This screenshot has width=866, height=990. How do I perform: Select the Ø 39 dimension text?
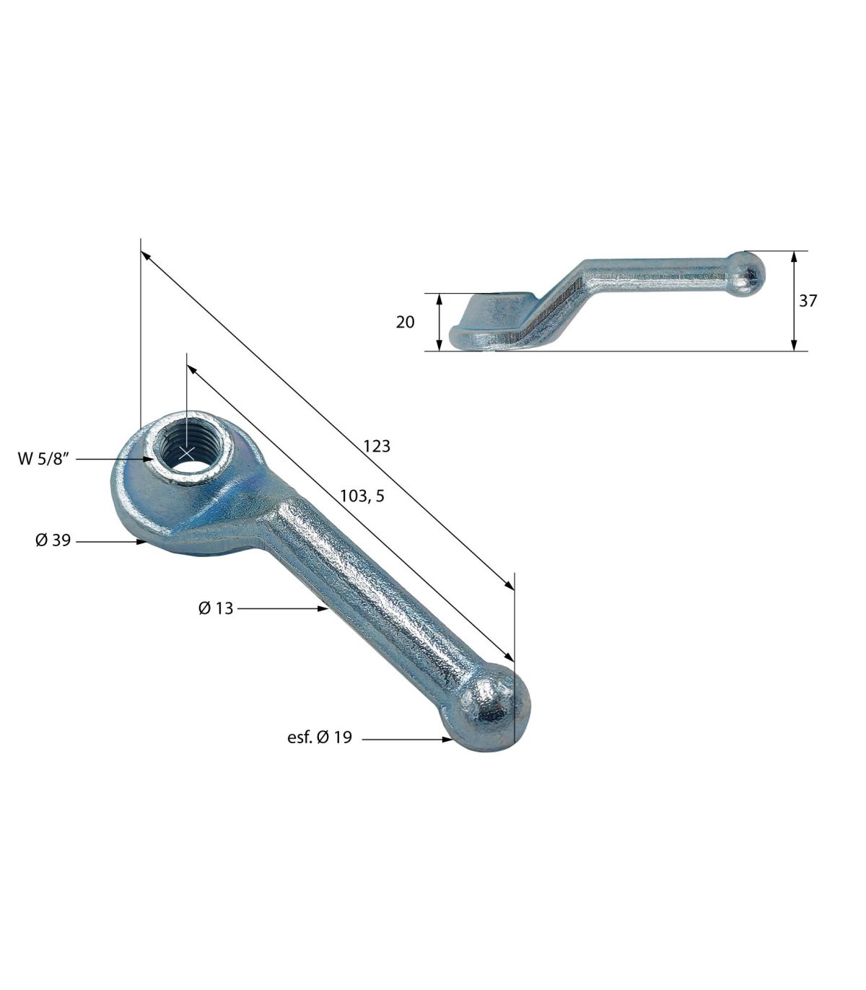[x=53, y=540]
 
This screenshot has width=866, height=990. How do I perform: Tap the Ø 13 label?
[x=216, y=608]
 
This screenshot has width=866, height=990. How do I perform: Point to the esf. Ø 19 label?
[x=319, y=737]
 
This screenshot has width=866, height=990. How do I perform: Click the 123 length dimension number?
[x=377, y=446]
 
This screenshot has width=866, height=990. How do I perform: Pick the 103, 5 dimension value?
[x=362, y=496]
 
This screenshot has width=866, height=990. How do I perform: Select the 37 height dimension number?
[x=808, y=300]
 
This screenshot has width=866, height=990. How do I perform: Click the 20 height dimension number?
[x=405, y=322]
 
